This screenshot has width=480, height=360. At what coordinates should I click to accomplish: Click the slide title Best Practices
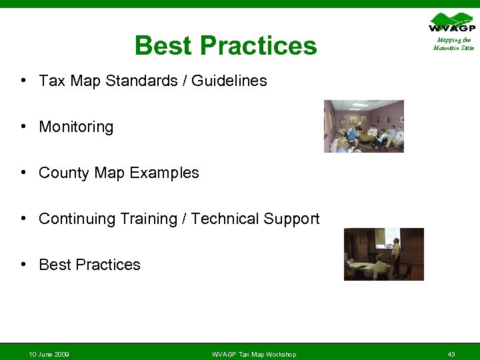pyautogui.click(x=225, y=46)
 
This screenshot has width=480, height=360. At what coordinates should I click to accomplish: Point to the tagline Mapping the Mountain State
pyautogui.click(x=453, y=44)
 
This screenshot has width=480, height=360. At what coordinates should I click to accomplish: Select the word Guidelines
pyautogui.click(x=229, y=81)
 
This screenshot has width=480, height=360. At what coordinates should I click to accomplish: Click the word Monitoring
pyautogui.click(x=76, y=127)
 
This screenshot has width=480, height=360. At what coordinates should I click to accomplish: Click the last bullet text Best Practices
pyautogui.click(x=89, y=265)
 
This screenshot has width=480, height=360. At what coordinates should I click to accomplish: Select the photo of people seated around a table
pyautogui.click(x=363, y=126)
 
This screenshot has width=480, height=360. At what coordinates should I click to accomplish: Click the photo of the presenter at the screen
pyautogui.click(x=383, y=254)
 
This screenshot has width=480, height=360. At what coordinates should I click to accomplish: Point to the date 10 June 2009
pyautogui.click(x=49, y=354)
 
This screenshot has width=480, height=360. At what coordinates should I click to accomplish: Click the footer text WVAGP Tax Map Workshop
pyautogui.click(x=253, y=354)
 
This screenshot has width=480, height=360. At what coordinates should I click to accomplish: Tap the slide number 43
pyautogui.click(x=451, y=354)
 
